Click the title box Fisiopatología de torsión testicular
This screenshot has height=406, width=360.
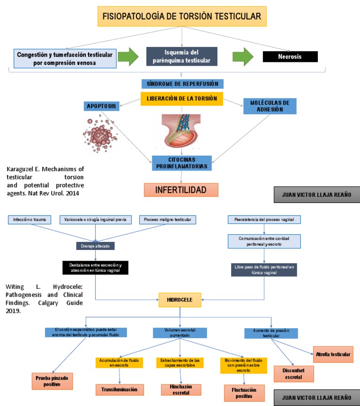[182, 16]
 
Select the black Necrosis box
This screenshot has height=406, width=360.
[290, 57]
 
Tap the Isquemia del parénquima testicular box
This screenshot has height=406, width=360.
[181, 56]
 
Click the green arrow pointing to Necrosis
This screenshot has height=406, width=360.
[243, 57]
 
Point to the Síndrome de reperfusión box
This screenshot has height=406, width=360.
[182, 84]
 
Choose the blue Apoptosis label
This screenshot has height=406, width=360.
[100, 106]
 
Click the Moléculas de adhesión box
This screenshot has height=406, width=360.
[270, 106]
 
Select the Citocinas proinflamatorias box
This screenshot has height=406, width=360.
[182, 163]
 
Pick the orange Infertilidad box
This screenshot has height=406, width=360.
[181, 189]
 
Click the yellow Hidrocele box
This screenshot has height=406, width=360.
[180, 300]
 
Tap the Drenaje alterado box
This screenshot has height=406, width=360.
[95, 246]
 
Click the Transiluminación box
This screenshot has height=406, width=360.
[120, 389]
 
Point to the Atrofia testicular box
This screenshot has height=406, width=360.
[333, 354]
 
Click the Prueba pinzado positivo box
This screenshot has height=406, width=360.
[52, 381]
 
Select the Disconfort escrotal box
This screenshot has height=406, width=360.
[294, 374]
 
